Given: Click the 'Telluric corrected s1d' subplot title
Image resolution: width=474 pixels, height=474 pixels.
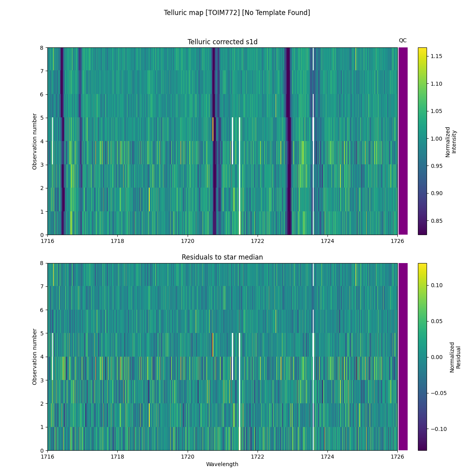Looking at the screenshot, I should coord(222,42).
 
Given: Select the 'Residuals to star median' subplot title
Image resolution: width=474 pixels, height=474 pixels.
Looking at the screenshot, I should coord(222,257).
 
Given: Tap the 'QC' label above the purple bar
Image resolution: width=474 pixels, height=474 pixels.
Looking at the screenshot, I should coord(403,40).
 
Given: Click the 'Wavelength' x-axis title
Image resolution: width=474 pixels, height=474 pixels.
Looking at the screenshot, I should coord(222,464).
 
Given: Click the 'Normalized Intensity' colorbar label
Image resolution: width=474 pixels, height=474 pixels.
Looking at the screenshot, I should coord(451,141).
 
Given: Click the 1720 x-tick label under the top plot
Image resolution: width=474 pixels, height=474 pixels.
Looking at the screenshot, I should coord(188,241).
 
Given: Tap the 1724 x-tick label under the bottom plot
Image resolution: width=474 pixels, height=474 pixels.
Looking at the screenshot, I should coord(327,457).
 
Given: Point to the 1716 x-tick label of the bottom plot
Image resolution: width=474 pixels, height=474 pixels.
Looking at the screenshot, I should coord(48,457).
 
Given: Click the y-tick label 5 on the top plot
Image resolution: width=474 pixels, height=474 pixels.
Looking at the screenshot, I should coord(41,118).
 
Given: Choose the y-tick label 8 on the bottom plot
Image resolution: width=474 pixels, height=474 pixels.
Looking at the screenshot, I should coord(41,263).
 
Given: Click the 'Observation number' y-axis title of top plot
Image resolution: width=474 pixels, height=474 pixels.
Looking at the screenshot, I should coord(35,141).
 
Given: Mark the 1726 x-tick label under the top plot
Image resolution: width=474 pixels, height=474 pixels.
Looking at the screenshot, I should coord(397,241).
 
